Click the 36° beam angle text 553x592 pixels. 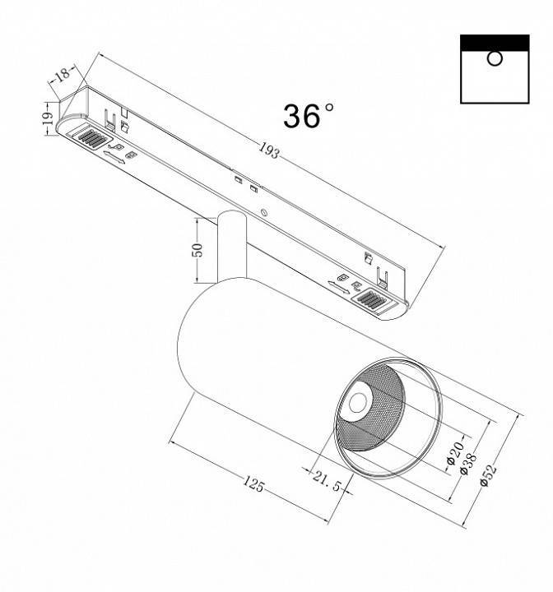[309, 116]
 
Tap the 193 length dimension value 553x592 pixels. [269, 150]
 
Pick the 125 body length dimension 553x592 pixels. [253, 484]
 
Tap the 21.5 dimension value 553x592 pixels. [325, 482]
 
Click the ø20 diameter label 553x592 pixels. [451, 452]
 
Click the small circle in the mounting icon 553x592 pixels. [494, 58]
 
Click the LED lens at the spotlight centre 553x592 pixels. [359, 403]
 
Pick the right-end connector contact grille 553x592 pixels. [373, 302]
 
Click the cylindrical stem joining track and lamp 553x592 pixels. [230, 247]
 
